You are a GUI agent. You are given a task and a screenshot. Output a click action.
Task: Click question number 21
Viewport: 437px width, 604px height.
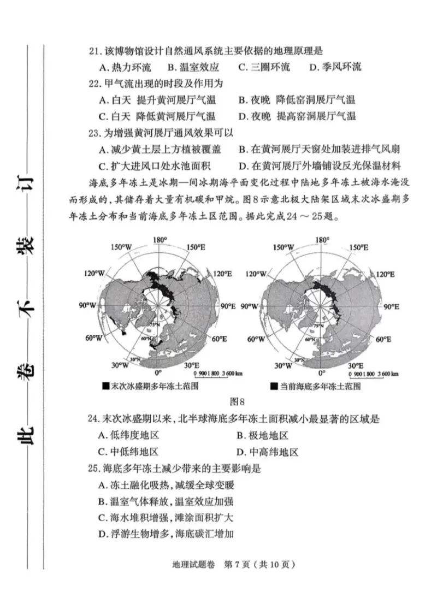click(x=95, y=51)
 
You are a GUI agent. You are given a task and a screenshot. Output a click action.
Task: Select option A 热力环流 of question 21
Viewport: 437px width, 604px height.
click(x=126, y=68)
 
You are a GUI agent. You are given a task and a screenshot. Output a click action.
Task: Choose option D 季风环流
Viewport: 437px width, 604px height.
click(x=335, y=68)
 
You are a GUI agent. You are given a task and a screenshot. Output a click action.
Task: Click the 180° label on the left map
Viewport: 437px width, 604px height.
click(x=160, y=240)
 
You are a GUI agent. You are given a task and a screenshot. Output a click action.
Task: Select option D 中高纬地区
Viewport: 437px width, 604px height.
click(x=268, y=452)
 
